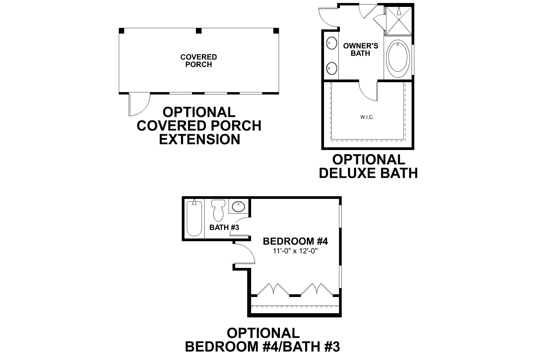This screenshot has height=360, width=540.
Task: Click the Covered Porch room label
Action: [198, 61]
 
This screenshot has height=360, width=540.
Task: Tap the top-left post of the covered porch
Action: [121, 31]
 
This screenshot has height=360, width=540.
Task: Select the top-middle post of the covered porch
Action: [198, 31]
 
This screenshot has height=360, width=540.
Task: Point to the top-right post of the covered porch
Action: [276, 31]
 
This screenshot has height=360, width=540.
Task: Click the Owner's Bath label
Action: [361, 49]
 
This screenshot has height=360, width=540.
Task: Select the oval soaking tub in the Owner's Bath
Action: [398, 56]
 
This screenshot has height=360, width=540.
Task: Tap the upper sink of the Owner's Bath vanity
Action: [331, 43]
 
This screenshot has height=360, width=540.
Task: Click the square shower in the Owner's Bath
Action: [399, 20]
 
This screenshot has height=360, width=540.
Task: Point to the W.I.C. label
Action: [367, 117]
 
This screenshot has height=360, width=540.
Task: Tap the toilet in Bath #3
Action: [218, 210]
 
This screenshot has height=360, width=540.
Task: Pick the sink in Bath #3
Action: [238, 207]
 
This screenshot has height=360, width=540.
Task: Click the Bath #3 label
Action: [224, 227]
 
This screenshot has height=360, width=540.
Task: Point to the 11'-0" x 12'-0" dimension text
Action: [295, 251]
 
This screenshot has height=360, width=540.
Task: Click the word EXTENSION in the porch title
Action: [199, 139]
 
